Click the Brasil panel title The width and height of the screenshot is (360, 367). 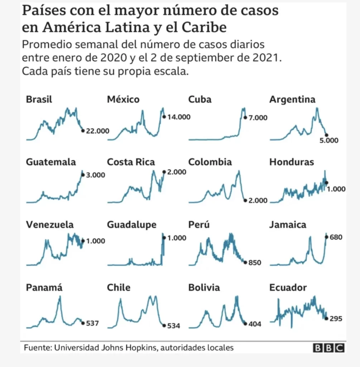tap(39, 99)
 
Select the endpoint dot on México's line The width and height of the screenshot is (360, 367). tap(164, 116)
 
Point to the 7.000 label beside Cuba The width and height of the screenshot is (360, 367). tap(258, 118)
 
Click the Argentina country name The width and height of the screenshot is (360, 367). tap(292, 99)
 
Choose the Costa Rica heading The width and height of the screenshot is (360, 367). tap(131, 162)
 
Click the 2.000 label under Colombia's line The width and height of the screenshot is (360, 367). tap(258, 201)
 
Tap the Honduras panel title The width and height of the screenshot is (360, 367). tap(292, 162)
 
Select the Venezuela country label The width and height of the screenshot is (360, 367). tap(50, 225)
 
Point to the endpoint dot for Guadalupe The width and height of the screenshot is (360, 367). tap(164, 237)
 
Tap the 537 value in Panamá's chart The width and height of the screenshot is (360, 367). tap(92, 323)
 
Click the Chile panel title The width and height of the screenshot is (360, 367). tap(119, 287)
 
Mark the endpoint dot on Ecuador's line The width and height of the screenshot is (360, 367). tap(326, 318)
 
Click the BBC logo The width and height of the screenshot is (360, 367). tap(329, 348)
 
